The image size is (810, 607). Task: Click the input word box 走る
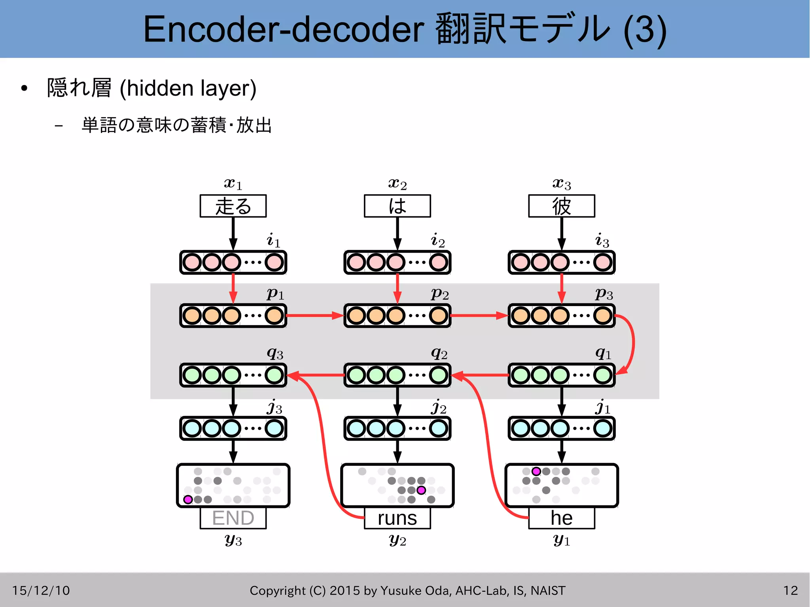pos(233,206)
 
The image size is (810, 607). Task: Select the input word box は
pos(397,206)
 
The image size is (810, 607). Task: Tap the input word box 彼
pos(561,206)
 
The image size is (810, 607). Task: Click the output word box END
pos(233,518)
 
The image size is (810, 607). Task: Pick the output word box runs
pos(397,518)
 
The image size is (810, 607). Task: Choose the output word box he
pos(561,518)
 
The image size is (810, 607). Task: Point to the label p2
pos(439,294)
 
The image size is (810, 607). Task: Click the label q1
pos(603,353)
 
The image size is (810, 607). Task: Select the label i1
pos(273,240)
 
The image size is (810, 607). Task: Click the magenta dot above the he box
pos(536,471)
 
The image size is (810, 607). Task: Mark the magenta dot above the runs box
pos(421,490)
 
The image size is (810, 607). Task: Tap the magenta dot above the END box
pos(188,499)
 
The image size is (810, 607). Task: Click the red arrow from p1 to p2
pos(314,316)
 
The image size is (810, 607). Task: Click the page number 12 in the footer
pos(790,590)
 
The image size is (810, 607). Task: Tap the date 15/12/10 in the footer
pos(41,590)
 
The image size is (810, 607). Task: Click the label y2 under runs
pos(397,540)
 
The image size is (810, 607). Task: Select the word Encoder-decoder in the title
pos(283,30)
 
